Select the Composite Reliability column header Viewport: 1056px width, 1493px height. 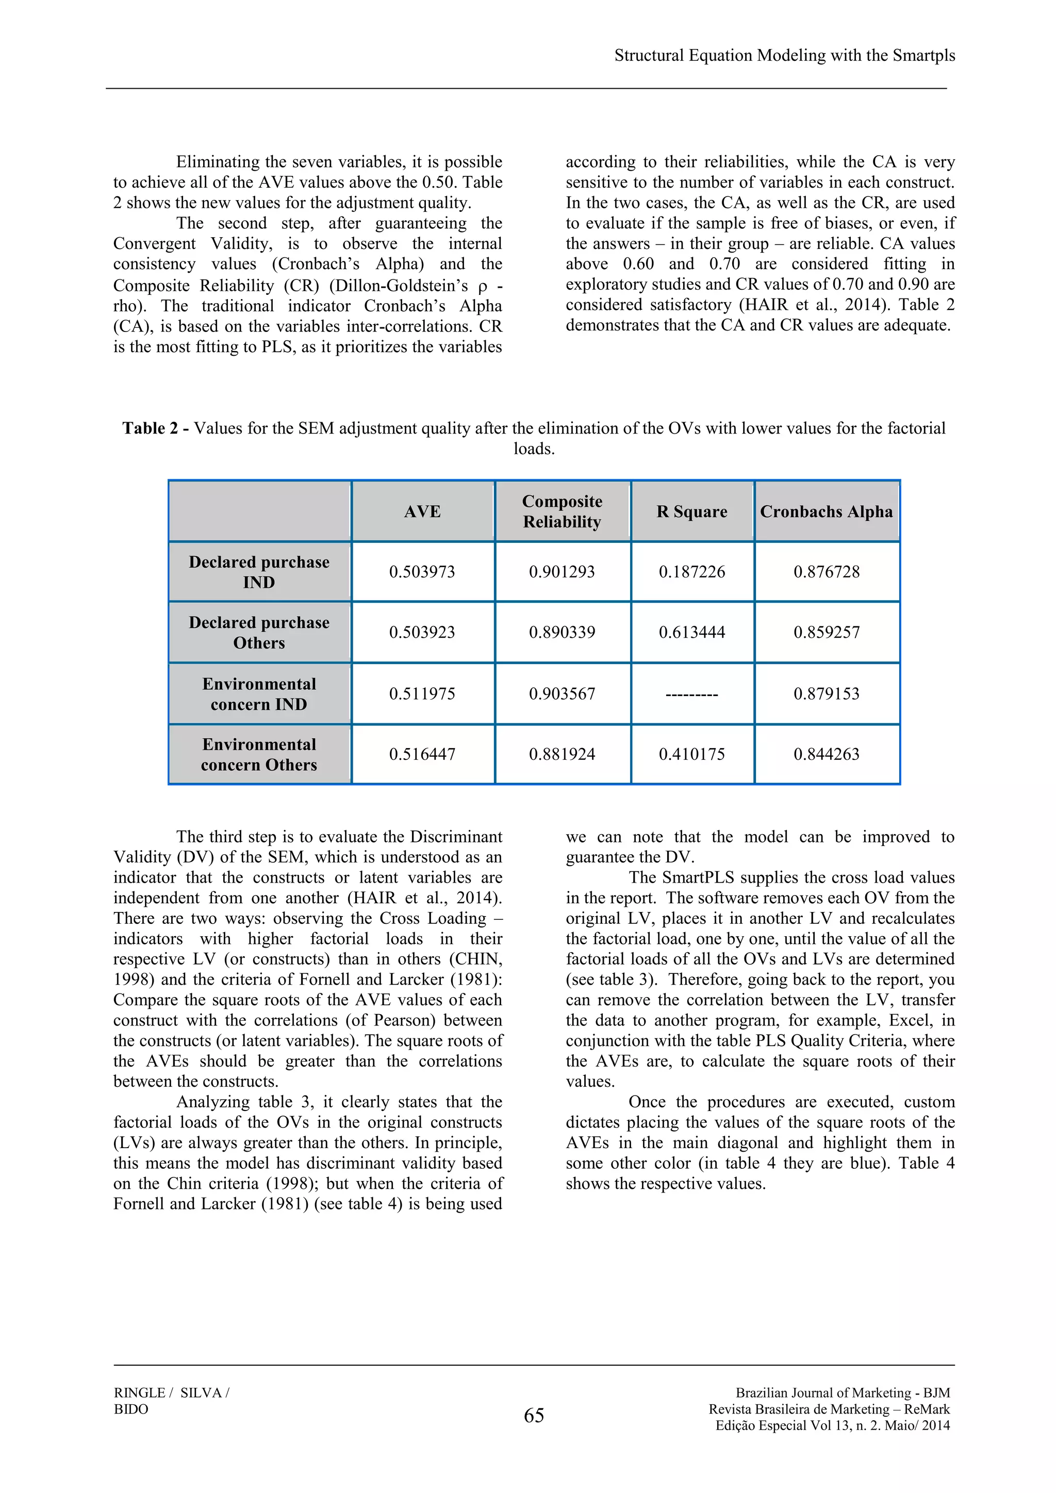coord(562,512)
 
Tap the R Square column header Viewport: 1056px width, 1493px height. coord(692,512)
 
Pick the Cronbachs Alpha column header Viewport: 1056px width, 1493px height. coord(826,512)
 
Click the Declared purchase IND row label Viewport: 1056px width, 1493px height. coord(259,572)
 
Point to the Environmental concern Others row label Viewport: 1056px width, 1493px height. coord(259,754)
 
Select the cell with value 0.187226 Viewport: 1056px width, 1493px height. coord(692,572)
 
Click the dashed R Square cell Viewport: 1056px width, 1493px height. coord(692,694)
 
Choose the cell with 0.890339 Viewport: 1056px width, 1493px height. coord(562,632)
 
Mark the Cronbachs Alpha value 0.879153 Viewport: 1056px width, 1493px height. coord(826,694)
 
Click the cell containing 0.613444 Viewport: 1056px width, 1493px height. coord(692,632)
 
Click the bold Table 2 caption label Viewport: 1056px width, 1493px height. coord(155,428)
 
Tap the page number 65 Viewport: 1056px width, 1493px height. coord(534,1415)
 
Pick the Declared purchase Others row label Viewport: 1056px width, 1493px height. coord(259,632)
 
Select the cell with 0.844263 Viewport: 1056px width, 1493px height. coord(826,754)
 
